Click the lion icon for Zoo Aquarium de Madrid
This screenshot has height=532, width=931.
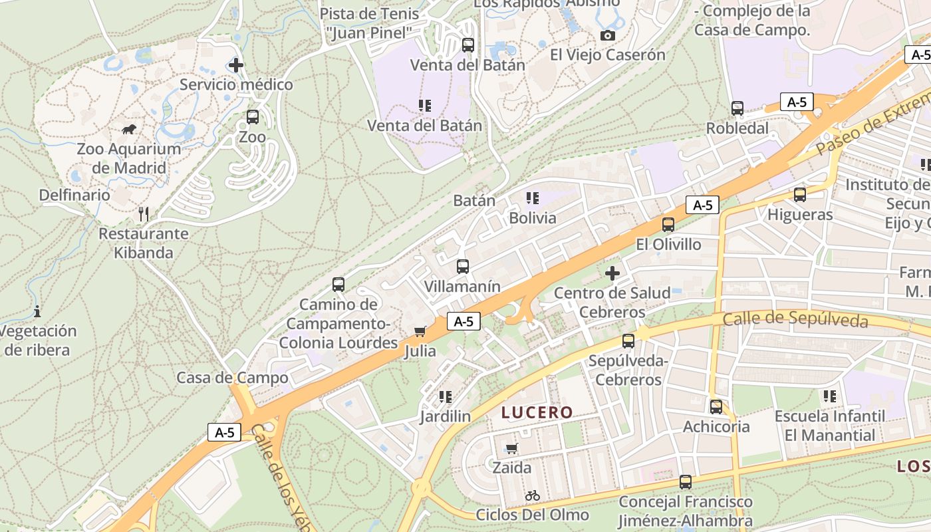pos(129,128)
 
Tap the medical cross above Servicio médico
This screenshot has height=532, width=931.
pos(235,65)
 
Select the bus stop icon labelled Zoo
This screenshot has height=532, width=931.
pos(253,117)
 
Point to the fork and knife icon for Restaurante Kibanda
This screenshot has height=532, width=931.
pos(143,213)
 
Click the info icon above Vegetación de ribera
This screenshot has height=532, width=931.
pos(37,311)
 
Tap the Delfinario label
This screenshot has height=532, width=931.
pos(74,195)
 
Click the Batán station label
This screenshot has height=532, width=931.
pos(474,200)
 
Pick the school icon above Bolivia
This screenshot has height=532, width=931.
pos(532,198)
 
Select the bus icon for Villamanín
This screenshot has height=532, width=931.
pos(463,267)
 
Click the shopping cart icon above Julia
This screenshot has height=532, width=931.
pos(420,331)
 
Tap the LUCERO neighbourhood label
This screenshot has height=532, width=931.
pos(537,412)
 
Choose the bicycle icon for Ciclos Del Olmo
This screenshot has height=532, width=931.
pos(532,495)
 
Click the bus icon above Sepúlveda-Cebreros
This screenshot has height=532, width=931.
pos(628,341)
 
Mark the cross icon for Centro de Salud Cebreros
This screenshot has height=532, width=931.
pos(612,273)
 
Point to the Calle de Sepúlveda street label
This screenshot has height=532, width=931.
pos(795,320)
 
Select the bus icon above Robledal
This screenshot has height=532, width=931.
pos(737,108)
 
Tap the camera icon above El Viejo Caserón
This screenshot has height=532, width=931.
pos(607,36)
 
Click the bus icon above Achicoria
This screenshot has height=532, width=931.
pos(716,407)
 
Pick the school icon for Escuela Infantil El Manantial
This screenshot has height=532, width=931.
pos(830,396)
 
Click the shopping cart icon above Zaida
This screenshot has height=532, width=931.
pos(511,448)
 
